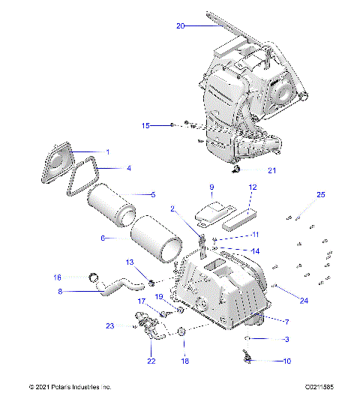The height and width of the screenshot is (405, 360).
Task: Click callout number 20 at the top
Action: [180, 25]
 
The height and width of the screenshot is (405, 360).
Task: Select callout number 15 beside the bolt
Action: [146, 125]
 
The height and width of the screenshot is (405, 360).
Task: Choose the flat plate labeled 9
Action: [208, 213]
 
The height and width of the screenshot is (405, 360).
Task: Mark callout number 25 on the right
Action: [299, 195]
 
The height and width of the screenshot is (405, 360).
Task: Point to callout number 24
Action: [283, 301]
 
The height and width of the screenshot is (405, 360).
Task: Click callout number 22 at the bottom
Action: [151, 361]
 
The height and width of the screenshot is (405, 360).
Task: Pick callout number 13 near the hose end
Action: [129, 262]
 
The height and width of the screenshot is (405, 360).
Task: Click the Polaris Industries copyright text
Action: [70, 387]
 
